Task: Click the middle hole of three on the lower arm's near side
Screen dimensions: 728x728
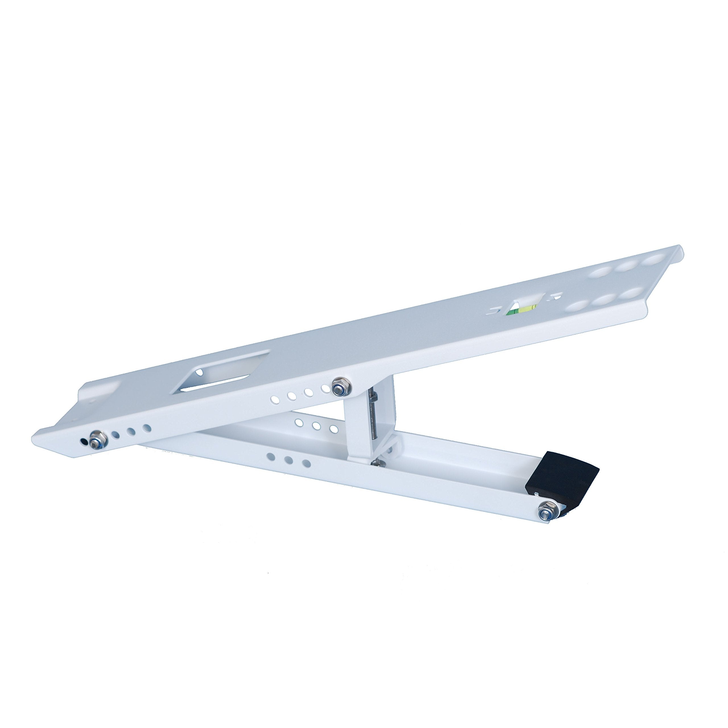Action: (289, 460)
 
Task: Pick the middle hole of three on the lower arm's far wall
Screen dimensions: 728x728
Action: (316, 426)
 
